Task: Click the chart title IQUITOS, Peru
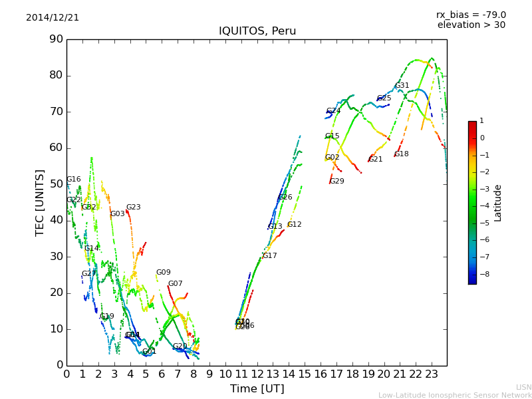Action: (257, 31)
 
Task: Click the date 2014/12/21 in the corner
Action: (53, 18)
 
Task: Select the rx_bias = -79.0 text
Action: (471, 15)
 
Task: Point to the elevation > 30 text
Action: (471, 25)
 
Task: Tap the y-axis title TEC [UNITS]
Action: (41, 202)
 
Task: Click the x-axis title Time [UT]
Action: (257, 388)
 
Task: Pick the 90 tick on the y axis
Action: (56, 39)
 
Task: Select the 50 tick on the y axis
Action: (56, 184)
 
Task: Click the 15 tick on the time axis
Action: (305, 374)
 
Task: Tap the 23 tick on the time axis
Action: (431, 374)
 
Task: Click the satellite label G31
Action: (402, 86)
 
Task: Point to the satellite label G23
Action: (134, 207)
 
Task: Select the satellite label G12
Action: (295, 225)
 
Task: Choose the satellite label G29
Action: (337, 182)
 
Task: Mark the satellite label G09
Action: (164, 273)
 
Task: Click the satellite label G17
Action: (270, 256)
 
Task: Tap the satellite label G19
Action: (107, 317)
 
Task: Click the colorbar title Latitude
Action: (498, 203)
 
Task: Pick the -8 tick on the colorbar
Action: (483, 273)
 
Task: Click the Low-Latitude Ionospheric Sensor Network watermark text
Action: (455, 396)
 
